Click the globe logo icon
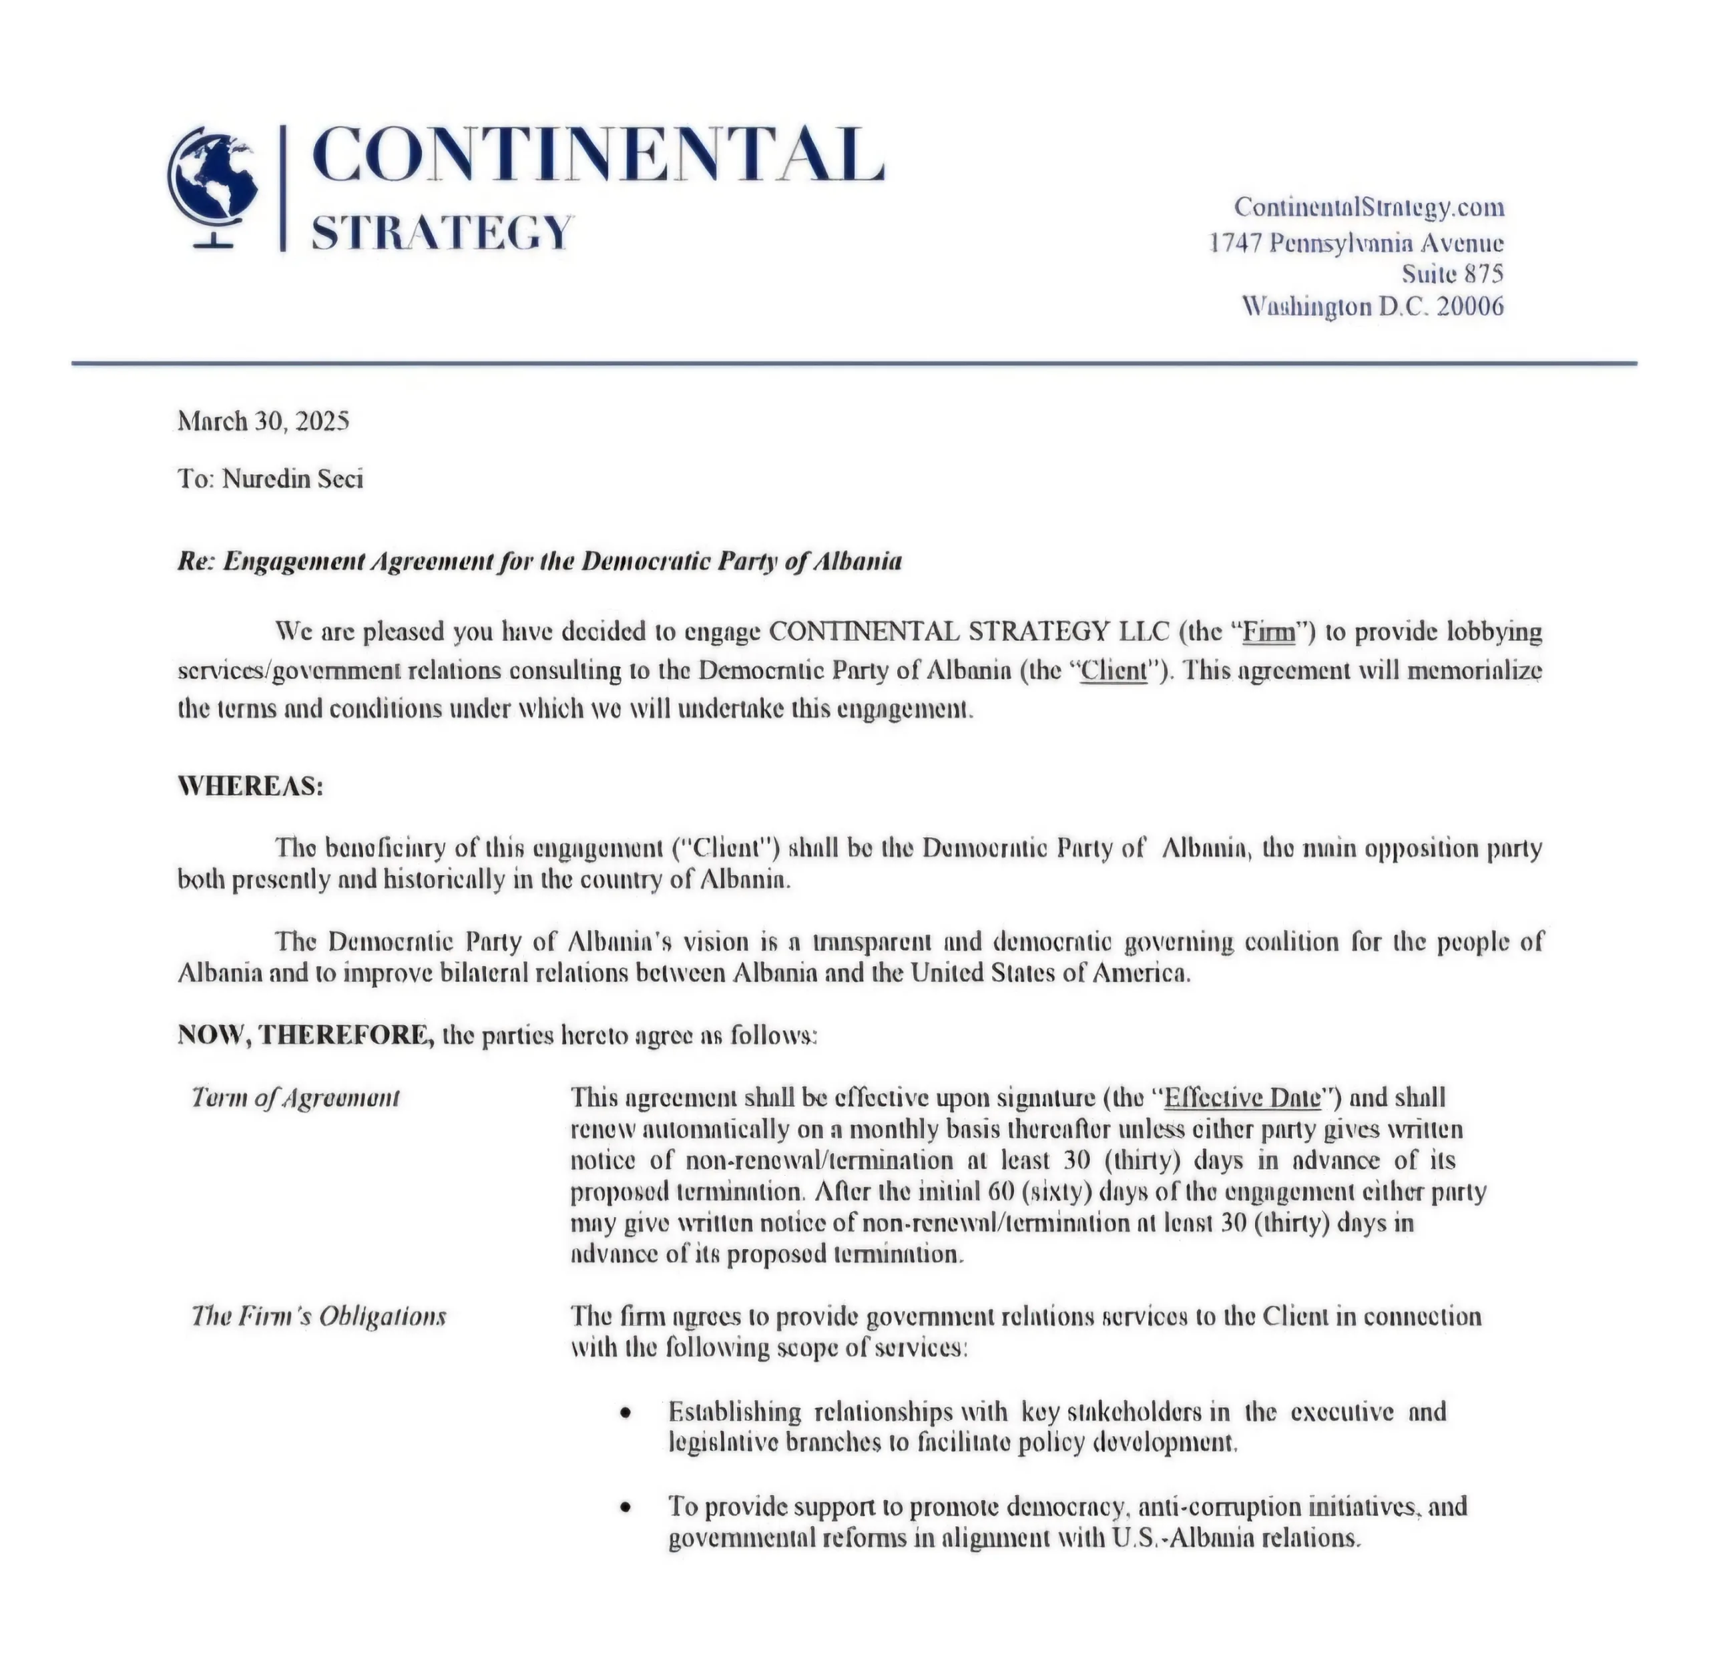click(x=214, y=187)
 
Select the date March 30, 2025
click(x=263, y=421)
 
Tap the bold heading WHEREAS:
click(x=251, y=786)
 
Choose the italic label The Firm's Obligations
click(x=318, y=1317)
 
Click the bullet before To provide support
click(x=625, y=1507)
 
